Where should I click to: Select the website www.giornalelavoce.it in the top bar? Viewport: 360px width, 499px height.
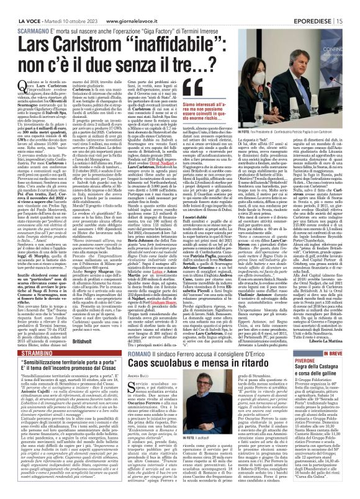tap(137, 6)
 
